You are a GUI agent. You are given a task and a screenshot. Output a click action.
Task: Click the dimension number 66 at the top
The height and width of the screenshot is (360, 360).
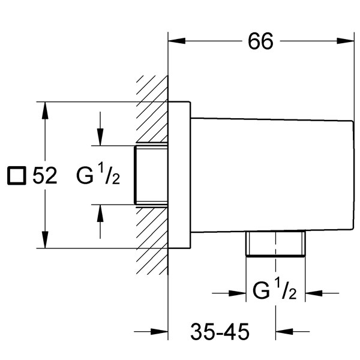[x=260, y=41]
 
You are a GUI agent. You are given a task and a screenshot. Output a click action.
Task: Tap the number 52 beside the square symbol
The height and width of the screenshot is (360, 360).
[x=45, y=175]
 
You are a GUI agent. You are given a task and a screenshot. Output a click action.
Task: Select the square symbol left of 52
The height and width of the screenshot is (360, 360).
[x=17, y=175]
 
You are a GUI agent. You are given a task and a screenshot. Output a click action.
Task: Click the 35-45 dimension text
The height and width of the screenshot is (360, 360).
[x=220, y=332]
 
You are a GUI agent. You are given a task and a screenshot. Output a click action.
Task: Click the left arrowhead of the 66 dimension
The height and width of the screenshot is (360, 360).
[x=177, y=41]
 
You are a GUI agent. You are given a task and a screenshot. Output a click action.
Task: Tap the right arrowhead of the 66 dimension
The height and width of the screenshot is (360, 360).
[x=346, y=41]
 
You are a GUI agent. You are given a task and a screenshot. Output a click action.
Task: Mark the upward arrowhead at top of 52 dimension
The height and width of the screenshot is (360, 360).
[x=45, y=110]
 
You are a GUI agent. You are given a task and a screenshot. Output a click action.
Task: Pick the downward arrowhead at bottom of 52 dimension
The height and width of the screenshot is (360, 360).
[x=45, y=239]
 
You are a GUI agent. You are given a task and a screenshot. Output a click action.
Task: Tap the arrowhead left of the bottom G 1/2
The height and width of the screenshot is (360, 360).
[x=238, y=293]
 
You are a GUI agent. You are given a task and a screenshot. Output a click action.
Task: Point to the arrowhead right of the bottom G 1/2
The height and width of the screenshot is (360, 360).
[x=314, y=293]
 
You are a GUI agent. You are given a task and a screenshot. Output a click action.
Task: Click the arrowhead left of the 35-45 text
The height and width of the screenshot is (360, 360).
[x=160, y=332]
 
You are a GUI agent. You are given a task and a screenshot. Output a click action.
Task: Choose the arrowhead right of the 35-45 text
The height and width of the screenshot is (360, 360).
[x=284, y=332]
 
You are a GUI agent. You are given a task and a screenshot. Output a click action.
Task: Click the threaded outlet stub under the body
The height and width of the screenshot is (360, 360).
[x=275, y=244]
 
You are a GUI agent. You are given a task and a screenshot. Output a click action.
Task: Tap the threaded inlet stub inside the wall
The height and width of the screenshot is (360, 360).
[x=151, y=175]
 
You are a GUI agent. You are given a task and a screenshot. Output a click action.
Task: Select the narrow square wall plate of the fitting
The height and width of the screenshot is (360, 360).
[x=179, y=175]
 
